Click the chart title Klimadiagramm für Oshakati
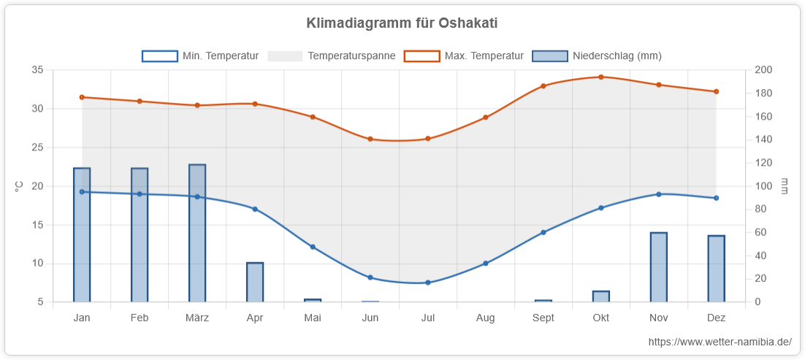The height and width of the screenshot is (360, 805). tap(402, 23)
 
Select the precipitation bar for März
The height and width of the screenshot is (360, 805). tap(197, 233)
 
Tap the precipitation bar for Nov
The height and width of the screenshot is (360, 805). tap(659, 267)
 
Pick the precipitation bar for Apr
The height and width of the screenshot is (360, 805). tap(255, 283)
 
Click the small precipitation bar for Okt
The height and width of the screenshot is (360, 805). tap(601, 296)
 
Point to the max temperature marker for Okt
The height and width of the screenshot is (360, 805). tap(600, 77)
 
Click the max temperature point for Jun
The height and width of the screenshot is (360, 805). tap(370, 139)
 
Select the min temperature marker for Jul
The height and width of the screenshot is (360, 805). tap(427, 283)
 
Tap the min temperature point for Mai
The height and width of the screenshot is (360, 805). tap(312, 247)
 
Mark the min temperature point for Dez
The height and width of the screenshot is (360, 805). tap(716, 198)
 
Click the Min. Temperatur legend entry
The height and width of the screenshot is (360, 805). tap(200, 56)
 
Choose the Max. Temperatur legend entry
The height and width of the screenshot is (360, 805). tap(464, 56)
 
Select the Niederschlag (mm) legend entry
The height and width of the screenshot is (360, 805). tap(597, 56)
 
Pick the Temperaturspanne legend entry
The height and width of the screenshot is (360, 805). tap(332, 56)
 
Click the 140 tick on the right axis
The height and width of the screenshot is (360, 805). tap(760, 139)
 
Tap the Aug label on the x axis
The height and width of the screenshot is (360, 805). tap(485, 318)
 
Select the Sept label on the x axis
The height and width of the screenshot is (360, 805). tap(543, 318)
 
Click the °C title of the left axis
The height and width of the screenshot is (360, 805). tap(19, 186)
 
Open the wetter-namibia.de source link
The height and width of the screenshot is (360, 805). tap(720, 342)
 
